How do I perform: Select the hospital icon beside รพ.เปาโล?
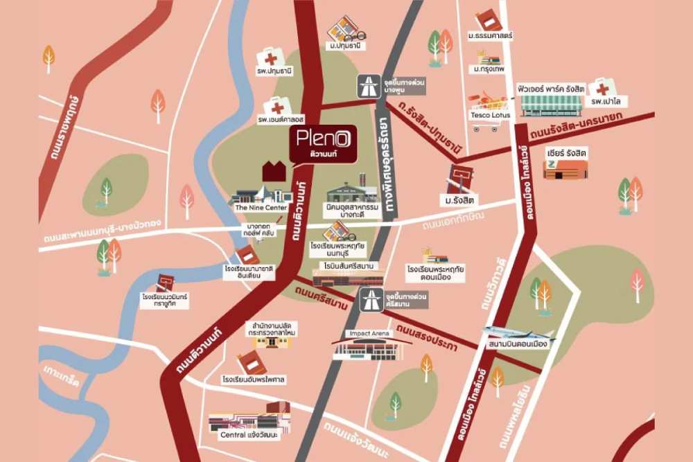pyautogui.click(x=602, y=89)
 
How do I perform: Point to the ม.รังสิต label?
pyautogui.click(x=463, y=201)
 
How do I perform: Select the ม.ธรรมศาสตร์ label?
pyautogui.click(x=490, y=35)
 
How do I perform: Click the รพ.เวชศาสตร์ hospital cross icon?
pyautogui.click(x=277, y=107)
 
